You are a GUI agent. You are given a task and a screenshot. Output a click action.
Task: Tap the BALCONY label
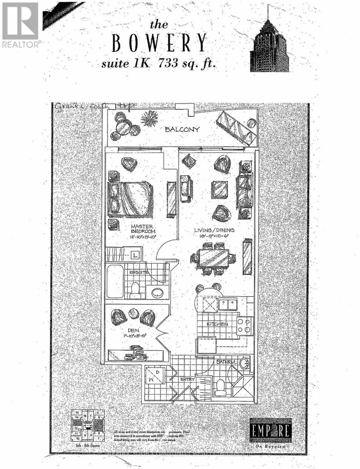[x=182, y=129]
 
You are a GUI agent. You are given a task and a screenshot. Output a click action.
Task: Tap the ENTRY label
[x=187, y=379]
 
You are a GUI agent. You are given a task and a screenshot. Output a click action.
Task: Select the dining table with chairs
[x=213, y=259]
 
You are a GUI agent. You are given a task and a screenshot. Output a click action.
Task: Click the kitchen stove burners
[x=244, y=326]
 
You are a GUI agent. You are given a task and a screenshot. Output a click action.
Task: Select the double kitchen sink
[x=228, y=304]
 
